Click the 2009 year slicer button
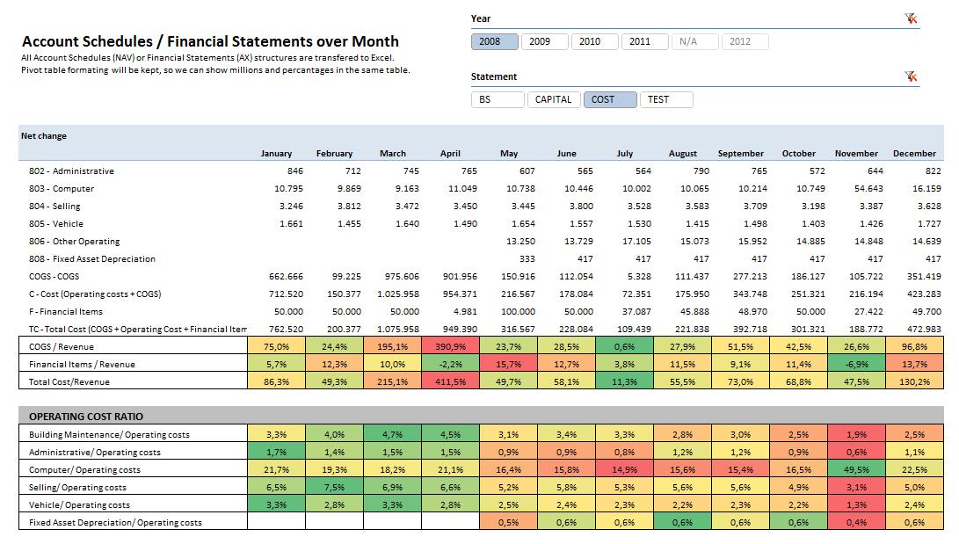tap(541, 41)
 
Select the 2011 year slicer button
tap(641, 41)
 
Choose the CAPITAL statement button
tap(554, 99)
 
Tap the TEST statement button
tap(665, 99)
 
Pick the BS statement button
tap(485, 99)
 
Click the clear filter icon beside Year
tap(912, 18)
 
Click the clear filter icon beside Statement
tap(912, 76)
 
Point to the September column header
tap(741, 153)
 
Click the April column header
tap(450, 153)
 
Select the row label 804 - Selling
tap(54, 207)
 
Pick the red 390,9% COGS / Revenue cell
tap(450, 347)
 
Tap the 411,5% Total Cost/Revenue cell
tap(450, 382)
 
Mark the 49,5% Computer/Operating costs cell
tap(856, 470)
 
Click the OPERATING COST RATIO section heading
tap(86, 417)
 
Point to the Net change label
tap(44, 136)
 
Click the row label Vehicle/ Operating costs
tap(79, 505)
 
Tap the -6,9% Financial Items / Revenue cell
tap(856, 365)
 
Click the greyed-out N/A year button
tap(688, 41)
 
